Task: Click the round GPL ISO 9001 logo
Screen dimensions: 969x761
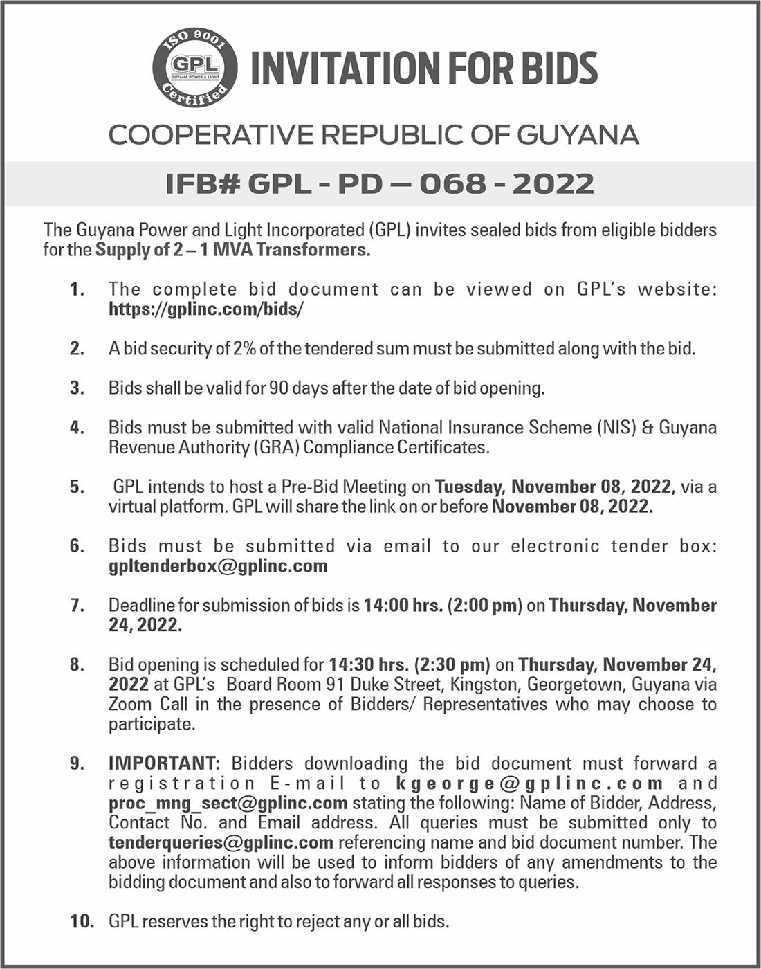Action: pyautogui.click(x=195, y=68)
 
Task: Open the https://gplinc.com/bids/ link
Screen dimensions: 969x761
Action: pyautogui.click(x=206, y=309)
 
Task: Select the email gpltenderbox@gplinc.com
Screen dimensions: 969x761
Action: pyautogui.click(x=218, y=566)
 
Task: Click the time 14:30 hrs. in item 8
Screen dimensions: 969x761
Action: pyautogui.click(x=368, y=665)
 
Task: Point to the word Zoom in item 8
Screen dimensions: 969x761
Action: pyautogui.click(x=131, y=705)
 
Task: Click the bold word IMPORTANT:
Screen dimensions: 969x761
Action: pyautogui.click(x=164, y=763)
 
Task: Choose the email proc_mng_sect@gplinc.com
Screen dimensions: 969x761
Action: pyautogui.click(x=228, y=803)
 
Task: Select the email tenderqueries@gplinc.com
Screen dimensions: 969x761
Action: pyautogui.click(x=221, y=842)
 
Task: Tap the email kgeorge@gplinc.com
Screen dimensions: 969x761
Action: pyautogui.click(x=530, y=784)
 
